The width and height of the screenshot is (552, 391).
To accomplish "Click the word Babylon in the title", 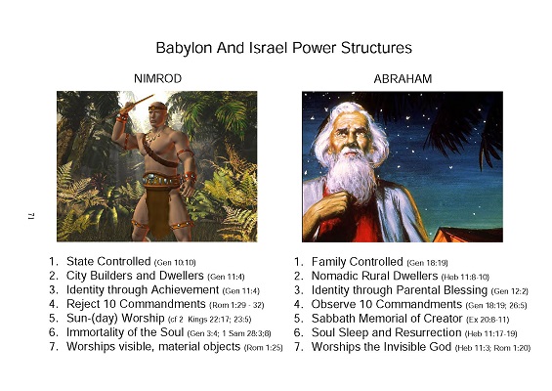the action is [184, 48].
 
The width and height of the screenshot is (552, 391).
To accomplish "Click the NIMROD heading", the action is [157, 78].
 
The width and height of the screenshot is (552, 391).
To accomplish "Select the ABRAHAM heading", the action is [403, 79].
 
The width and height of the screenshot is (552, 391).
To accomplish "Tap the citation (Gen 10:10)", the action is [175, 262].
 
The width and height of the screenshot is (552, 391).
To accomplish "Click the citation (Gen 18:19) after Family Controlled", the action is [427, 263].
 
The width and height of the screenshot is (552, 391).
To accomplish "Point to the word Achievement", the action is [184, 290].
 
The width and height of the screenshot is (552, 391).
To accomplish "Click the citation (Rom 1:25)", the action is [264, 348].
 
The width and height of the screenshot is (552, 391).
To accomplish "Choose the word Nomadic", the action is [334, 276].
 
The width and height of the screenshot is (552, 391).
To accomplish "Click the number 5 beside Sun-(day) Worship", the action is [53, 319].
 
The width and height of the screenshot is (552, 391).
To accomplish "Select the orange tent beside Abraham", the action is [468, 235].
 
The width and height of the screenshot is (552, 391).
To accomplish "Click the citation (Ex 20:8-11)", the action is [488, 320].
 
